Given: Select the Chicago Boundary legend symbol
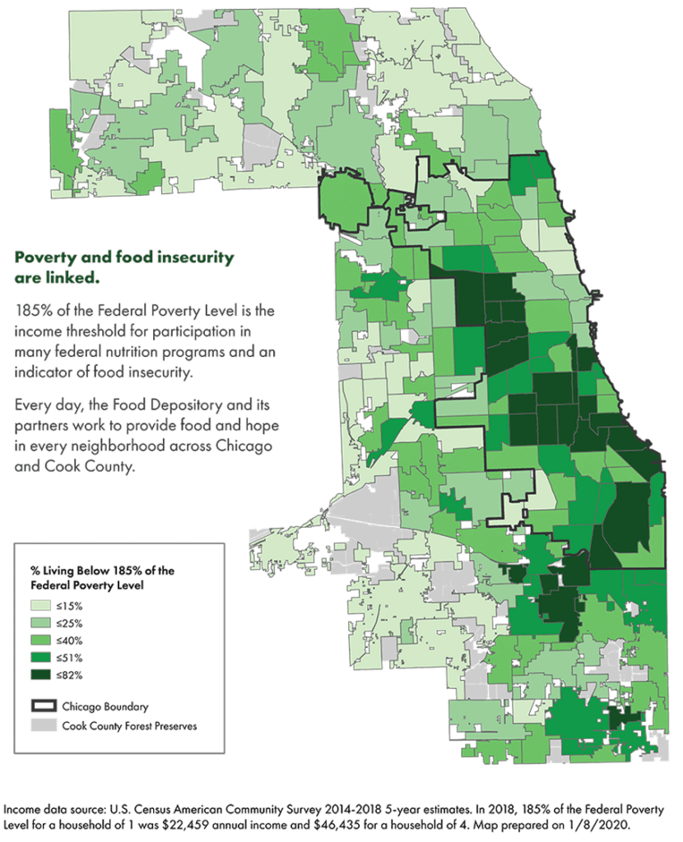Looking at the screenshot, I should click(x=42, y=706).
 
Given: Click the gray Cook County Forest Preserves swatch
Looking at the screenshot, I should click(x=42, y=726).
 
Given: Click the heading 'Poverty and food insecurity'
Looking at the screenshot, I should click(x=124, y=257).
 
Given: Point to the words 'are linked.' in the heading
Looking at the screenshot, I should click(x=57, y=278).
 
